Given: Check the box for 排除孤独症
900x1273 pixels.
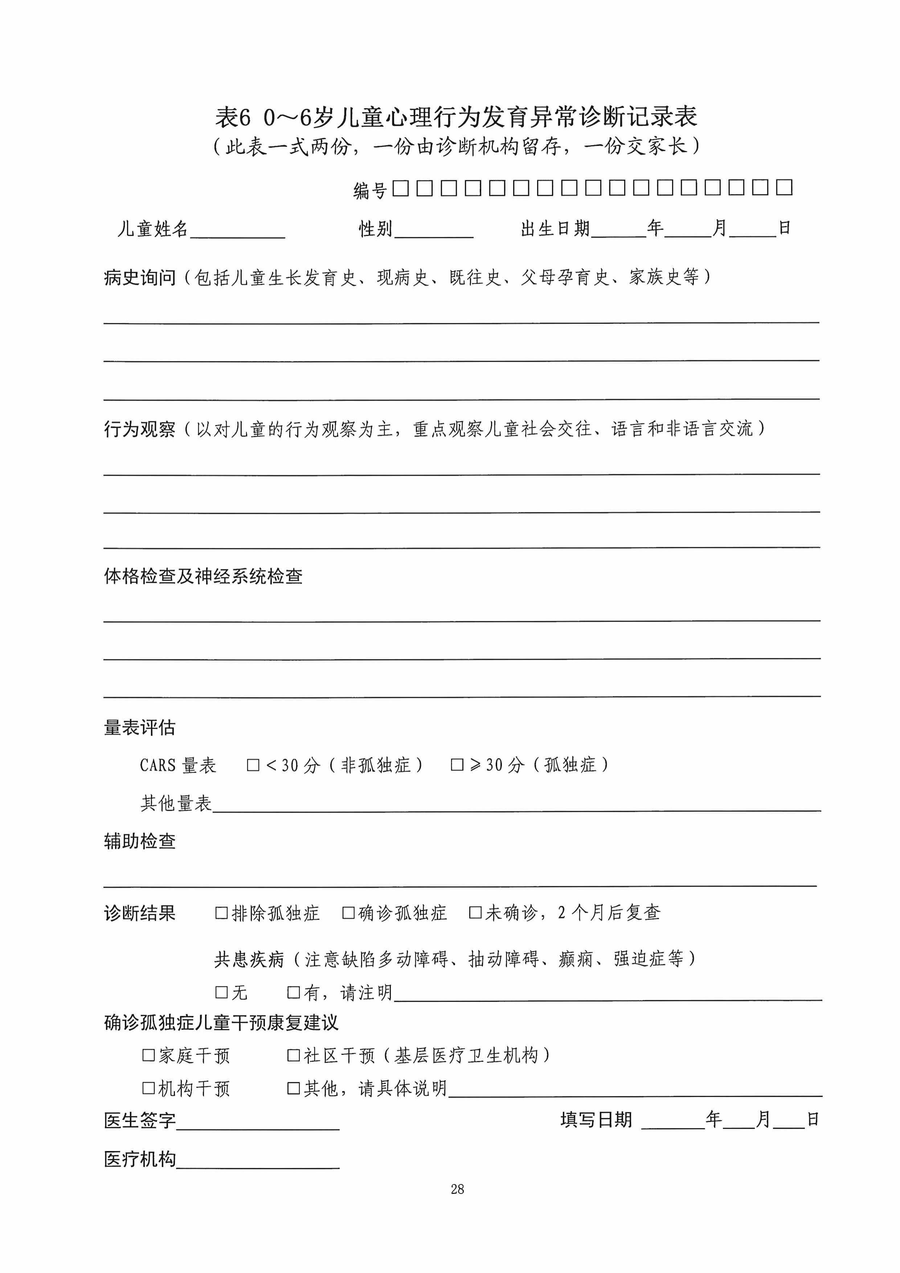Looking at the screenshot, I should (221, 913).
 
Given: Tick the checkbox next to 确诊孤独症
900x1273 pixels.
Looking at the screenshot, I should (348, 913).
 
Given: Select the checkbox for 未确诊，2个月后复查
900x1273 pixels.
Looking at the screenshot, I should (475, 913).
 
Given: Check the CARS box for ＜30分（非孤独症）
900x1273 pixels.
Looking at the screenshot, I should (253, 765).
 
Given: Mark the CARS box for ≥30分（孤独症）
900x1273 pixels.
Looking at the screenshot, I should (457, 765).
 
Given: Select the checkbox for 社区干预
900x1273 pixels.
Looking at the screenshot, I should (293, 1055).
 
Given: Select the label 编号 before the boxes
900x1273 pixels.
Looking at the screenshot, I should (370, 190).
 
